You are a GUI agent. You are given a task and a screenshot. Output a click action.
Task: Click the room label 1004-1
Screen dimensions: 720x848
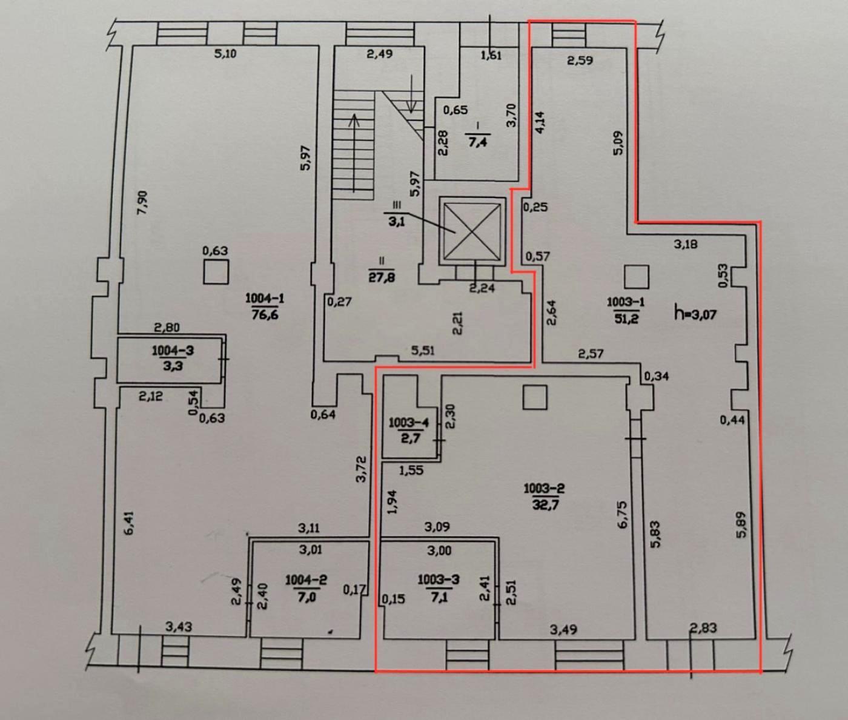tap(265, 298)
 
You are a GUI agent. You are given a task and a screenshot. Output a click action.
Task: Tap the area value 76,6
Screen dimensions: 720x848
tap(265, 314)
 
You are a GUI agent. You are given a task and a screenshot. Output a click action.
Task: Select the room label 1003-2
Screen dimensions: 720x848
tap(544, 488)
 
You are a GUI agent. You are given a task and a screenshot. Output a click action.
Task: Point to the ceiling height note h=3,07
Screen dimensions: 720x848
tap(695, 313)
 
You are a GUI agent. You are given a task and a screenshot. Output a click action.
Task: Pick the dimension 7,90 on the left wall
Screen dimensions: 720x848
tap(142, 202)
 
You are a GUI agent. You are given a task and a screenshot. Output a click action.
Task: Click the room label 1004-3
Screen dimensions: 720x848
tap(172, 350)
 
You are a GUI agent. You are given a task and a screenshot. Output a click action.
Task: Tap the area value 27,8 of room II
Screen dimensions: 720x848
tap(382, 277)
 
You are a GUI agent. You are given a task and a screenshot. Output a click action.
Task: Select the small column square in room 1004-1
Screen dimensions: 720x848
tap(216, 271)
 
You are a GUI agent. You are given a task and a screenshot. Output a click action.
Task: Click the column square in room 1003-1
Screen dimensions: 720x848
tap(636, 276)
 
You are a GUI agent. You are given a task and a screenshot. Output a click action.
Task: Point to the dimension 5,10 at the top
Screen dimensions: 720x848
tap(225, 54)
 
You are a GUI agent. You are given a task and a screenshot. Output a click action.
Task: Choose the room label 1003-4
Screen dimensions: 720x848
tap(409, 423)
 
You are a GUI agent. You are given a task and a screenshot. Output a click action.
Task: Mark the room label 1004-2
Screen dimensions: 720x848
tap(306, 580)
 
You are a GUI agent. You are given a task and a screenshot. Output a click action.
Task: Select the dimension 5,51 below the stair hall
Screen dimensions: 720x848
tap(422, 351)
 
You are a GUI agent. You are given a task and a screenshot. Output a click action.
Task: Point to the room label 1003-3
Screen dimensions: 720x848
tap(438, 580)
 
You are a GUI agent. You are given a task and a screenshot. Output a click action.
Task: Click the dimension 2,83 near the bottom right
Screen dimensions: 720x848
tap(703, 628)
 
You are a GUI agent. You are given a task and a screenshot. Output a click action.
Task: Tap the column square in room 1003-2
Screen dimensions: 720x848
tap(535, 397)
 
